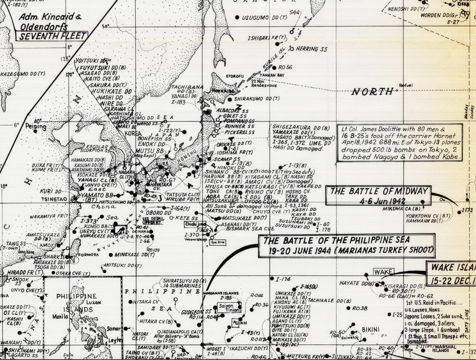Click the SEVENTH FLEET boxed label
51,36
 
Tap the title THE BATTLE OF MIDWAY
379,191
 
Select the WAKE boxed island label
383,272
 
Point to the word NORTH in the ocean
372,91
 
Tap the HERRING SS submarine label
311,49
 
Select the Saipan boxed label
226,307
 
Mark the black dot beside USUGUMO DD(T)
237,17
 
